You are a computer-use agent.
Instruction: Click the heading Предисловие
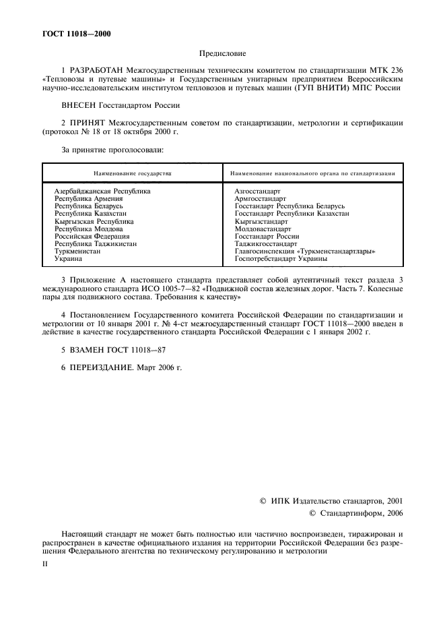222,52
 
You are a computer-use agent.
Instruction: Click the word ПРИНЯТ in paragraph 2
88,123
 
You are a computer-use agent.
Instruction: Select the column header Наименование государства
133,173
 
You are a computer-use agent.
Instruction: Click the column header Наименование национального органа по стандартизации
314,173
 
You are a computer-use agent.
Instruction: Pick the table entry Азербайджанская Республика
102,191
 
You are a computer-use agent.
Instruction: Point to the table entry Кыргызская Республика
94,221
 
